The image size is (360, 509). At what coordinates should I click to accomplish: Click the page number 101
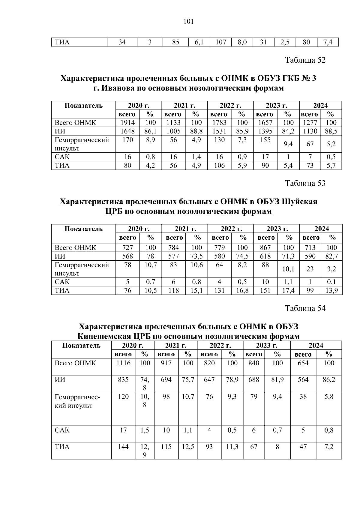coord(188,22)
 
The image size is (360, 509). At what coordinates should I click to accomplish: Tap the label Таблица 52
coord(305,60)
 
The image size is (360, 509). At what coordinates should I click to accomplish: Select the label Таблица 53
coord(305,183)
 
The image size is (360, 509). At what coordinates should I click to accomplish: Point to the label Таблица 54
coord(305,308)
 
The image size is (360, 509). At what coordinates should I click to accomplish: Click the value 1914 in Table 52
coord(127,122)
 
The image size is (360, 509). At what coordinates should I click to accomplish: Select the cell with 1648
coord(127,131)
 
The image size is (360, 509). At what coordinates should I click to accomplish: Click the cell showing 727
coord(127,247)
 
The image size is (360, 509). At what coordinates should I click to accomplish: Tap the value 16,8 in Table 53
coord(242,290)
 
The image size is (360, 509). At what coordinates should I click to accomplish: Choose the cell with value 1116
coord(123,363)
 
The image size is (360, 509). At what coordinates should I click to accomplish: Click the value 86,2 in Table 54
coord(329,380)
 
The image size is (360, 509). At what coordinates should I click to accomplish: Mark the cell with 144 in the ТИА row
coord(123,447)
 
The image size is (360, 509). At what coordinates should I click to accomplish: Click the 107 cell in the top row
coord(220,42)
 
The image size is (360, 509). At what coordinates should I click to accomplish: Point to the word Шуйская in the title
coord(299,202)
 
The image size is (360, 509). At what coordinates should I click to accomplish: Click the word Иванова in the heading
coord(118,88)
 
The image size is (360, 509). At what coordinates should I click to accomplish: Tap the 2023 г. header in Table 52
coord(276,106)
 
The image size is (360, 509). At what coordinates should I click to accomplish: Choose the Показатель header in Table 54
coord(81,345)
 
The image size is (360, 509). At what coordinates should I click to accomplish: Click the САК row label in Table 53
coord(62,282)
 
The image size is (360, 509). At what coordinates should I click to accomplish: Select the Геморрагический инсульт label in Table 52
coord(82,144)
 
